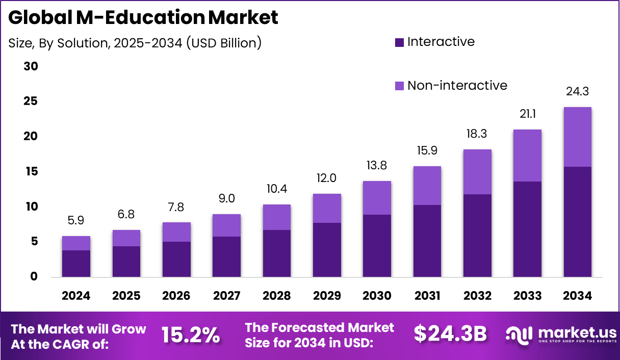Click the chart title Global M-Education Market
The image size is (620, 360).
point(143,18)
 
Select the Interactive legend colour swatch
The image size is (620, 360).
point(400,42)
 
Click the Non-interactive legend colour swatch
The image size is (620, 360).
point(400,86)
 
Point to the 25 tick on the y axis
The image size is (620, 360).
point(31,101)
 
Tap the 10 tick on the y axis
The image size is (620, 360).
point(31,207)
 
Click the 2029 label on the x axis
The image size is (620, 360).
point(327,296)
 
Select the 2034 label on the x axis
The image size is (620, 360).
point(578,296)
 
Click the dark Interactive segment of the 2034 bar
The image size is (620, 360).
point(577,222)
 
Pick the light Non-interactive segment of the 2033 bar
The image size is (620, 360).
point(527,156)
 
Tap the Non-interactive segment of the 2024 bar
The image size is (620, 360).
point(76,243)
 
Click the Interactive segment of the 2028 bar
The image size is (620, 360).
point(276,253)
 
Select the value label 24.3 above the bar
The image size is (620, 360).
point(577,92)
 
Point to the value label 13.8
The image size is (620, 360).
point(377,166)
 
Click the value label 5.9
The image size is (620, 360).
point(76,221)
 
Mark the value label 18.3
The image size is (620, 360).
point(477,134)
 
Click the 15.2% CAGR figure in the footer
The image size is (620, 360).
point(191,335)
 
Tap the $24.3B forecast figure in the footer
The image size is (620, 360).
point(450,334)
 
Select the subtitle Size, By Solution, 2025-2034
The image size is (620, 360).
point(135,43)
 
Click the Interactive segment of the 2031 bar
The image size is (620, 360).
point(427,241)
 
